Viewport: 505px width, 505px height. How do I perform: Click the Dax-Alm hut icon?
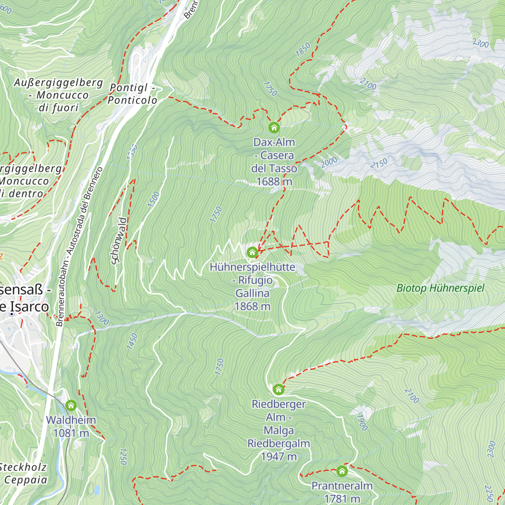[x=274, y=127]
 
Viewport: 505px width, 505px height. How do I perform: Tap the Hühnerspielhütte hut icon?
[x=252, y=252]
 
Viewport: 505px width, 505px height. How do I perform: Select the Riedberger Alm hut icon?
[x=279, y=389]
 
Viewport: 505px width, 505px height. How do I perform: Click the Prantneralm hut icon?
[x=342, y=470]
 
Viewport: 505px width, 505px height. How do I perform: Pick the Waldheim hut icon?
[x=71, y=406]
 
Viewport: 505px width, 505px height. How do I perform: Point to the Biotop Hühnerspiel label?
[x=440, y=288]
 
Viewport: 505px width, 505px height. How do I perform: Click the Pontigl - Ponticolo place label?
[x=133, y=94]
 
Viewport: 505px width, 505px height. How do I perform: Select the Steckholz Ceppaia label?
[x=24, y=473]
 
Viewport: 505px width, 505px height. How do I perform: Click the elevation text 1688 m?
[x=274, y=181]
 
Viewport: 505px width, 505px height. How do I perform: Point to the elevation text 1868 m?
[x=252, y=306]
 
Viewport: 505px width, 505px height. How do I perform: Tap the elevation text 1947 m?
[x=279, y=456]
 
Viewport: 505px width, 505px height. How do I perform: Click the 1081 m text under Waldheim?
[x=71, y=433]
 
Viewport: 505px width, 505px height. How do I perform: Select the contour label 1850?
[x=303, y=49]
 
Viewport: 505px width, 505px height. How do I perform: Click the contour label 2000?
[x=329, y=162]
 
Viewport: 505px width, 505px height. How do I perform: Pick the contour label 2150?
[x=379, y=163]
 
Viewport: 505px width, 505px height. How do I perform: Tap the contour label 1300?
[x=101, y=318]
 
